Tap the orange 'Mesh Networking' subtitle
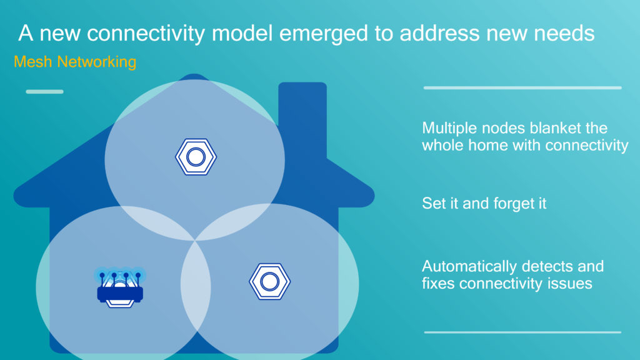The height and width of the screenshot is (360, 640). pyautogui.click(x=75, y=62)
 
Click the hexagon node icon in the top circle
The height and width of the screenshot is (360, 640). pyautogui.click(x=196, y=157)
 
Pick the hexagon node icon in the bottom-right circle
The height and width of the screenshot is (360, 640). pyautogui.click(x=270, y=282)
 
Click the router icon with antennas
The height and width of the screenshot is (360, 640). pyautogui.click(x=120, y=287)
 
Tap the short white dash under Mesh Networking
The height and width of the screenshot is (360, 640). pyautogui.click(x=44, y=92)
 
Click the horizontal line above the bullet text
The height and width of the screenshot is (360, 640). pyautogui.click(x=522, y=87)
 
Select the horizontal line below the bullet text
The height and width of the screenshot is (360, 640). pyautogui.click(x=522, y=332)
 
